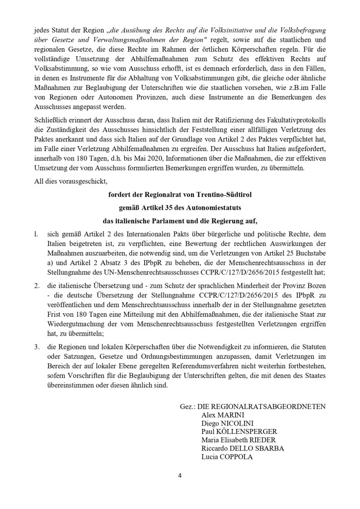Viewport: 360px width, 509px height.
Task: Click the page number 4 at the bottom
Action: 180,476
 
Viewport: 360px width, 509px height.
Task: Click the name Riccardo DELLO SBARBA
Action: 243,448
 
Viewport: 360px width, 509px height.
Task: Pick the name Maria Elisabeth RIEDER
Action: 238,439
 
